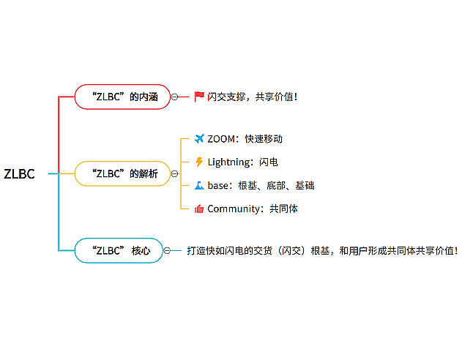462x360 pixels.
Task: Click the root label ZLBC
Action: coord(19,173)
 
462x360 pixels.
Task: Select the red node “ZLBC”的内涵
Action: coord(122,97)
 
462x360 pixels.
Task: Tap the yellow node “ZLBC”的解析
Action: coord(122,173)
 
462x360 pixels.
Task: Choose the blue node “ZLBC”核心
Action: coord(119,250)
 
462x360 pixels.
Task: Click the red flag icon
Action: coord(199,97)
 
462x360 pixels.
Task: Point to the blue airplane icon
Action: coord(199,139)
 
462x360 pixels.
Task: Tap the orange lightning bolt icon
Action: coord(199,162)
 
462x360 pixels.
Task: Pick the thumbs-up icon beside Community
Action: coord(199,209)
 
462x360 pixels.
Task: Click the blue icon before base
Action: coord(199,185)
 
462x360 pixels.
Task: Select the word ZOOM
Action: coord(221,139)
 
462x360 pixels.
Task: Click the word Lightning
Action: coord(228,162)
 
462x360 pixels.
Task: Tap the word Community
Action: coord(234,209)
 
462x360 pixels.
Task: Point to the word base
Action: coord(217,185)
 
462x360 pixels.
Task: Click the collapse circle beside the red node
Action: coord(174,97)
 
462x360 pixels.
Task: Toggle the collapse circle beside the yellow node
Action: coord(174,173)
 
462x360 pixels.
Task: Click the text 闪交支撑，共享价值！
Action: coord(253,97)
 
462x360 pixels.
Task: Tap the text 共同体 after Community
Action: coord(283,209)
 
